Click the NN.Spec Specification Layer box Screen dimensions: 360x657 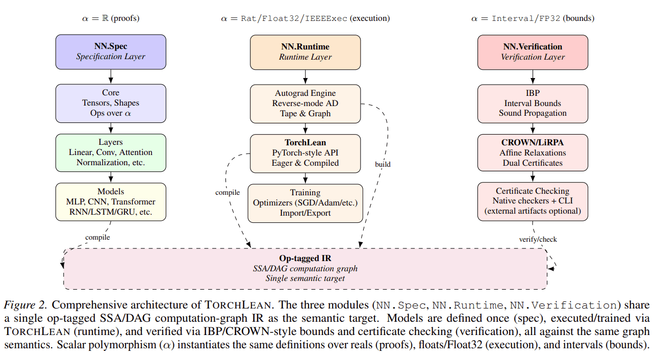(111, 52)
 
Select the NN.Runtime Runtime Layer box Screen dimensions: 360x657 (305, 52)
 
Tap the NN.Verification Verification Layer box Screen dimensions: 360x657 (533, 52)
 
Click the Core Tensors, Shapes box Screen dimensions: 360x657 (111, 103)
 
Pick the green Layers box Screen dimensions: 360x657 (111, 152)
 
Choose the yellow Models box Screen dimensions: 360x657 (111, 202)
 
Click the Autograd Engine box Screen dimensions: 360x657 (305, 104)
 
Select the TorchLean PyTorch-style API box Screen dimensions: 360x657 (305, 153)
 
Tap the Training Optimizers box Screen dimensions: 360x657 (305, 203)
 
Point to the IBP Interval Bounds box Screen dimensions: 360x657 (533, 104)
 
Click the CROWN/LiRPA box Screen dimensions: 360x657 (533, 153)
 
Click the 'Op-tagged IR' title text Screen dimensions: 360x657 (305, 259)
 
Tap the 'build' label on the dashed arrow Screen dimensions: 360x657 (383, 165)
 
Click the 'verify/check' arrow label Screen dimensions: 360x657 (538, 239)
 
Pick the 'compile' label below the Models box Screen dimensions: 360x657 (97, 237)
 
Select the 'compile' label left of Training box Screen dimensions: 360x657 (227, 192)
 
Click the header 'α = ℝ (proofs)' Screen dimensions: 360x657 (111, 18)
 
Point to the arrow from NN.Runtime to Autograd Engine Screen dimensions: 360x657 (305, 77)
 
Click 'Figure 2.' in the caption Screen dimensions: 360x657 (26, 305)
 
